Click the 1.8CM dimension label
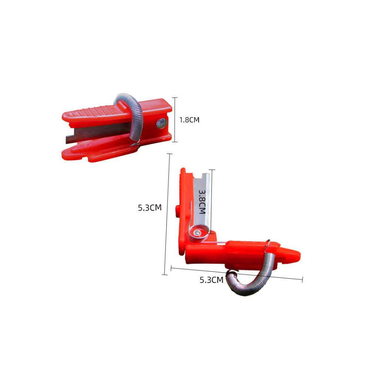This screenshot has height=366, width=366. coord(189,120)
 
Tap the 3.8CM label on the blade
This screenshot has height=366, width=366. coord(202,201)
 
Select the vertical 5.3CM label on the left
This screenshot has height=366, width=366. coord(150,207)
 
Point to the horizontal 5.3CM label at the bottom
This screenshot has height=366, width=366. coord(211,280)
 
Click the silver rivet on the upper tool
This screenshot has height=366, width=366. coord(162,123)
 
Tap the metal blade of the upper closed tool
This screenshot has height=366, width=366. coord(98,133)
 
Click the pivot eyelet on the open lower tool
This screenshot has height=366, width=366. coord(197,233)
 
